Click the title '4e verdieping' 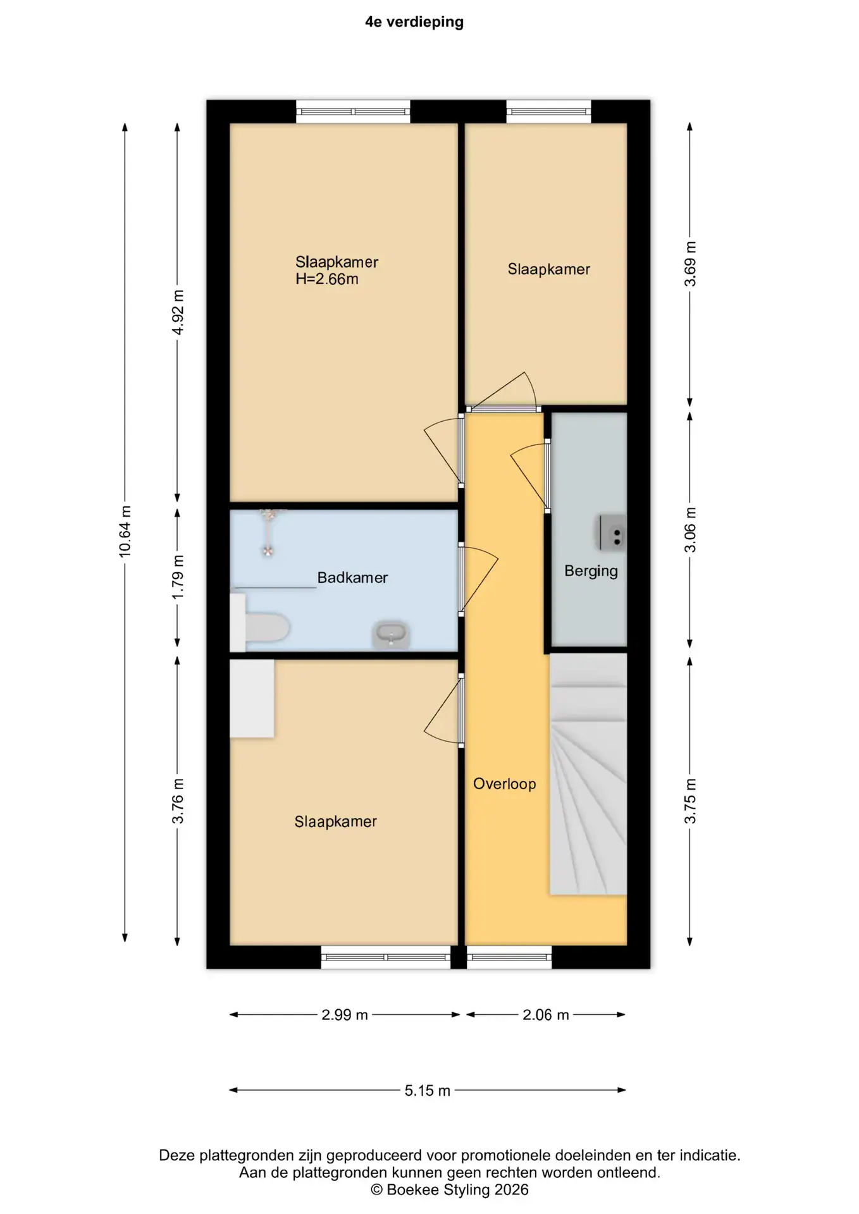[414, 22]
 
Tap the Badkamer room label [352, 577]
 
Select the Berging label [591, 572]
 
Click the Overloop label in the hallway [505, 784]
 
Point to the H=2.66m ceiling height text [327, 279]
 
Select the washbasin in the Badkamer [391, 634]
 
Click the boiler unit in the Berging [613, 532]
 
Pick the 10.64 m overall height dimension [125, 532]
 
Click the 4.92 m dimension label [178, 313]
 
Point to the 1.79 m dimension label [178, 577]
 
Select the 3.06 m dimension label [690, 530]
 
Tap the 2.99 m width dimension [345, 1015]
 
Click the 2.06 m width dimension [546, 1015]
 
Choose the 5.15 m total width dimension [428, 1091]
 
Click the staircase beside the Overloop [588, 774]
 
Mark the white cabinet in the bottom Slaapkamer [252, 699]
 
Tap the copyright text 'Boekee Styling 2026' [457, 1190]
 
